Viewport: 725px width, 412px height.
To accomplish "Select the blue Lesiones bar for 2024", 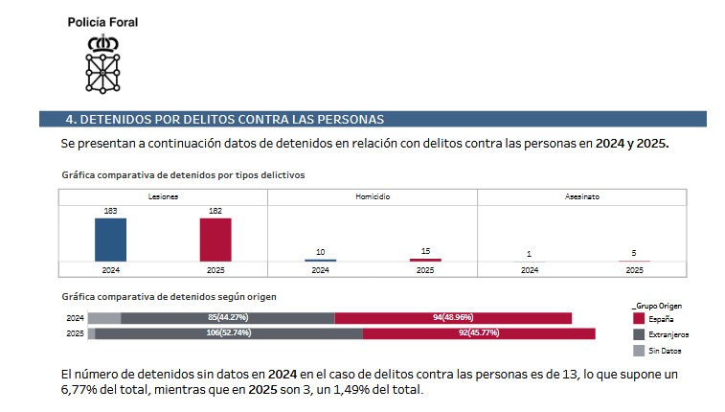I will click(x=110, y=240).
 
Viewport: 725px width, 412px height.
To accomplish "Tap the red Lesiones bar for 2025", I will click(x=215, y=240).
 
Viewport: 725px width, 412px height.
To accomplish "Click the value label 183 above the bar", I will click(x=110, y=211).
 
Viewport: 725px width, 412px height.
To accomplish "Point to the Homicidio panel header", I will click(x=372, y=195).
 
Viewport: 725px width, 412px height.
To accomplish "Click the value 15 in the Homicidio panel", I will click(x=425, y=251).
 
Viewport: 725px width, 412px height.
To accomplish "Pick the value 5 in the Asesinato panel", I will click(x=634, y=253).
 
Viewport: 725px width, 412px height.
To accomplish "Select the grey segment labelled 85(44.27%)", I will click(x=227, y=317).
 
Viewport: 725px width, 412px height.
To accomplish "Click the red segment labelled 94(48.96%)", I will click(x=453, y=317).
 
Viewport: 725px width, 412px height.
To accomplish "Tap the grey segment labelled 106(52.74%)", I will click(x=229, y=333).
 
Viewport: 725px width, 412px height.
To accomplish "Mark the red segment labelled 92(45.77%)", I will click(x=479, y=333).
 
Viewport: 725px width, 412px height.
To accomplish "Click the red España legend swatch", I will click(x=639, y=318).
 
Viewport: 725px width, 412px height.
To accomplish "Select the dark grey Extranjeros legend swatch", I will click(x=639, y=334).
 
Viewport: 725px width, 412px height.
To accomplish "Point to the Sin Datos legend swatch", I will click(x=639, y=351).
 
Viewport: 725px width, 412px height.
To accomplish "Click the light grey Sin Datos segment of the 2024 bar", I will click(x=104, y=317).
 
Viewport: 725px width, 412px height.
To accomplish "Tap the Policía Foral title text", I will click(x=102, y=21).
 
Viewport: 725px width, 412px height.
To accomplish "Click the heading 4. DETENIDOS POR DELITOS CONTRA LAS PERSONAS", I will click(x=224, y=120).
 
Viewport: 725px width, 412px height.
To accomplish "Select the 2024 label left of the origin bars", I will click(x=75, y=317).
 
